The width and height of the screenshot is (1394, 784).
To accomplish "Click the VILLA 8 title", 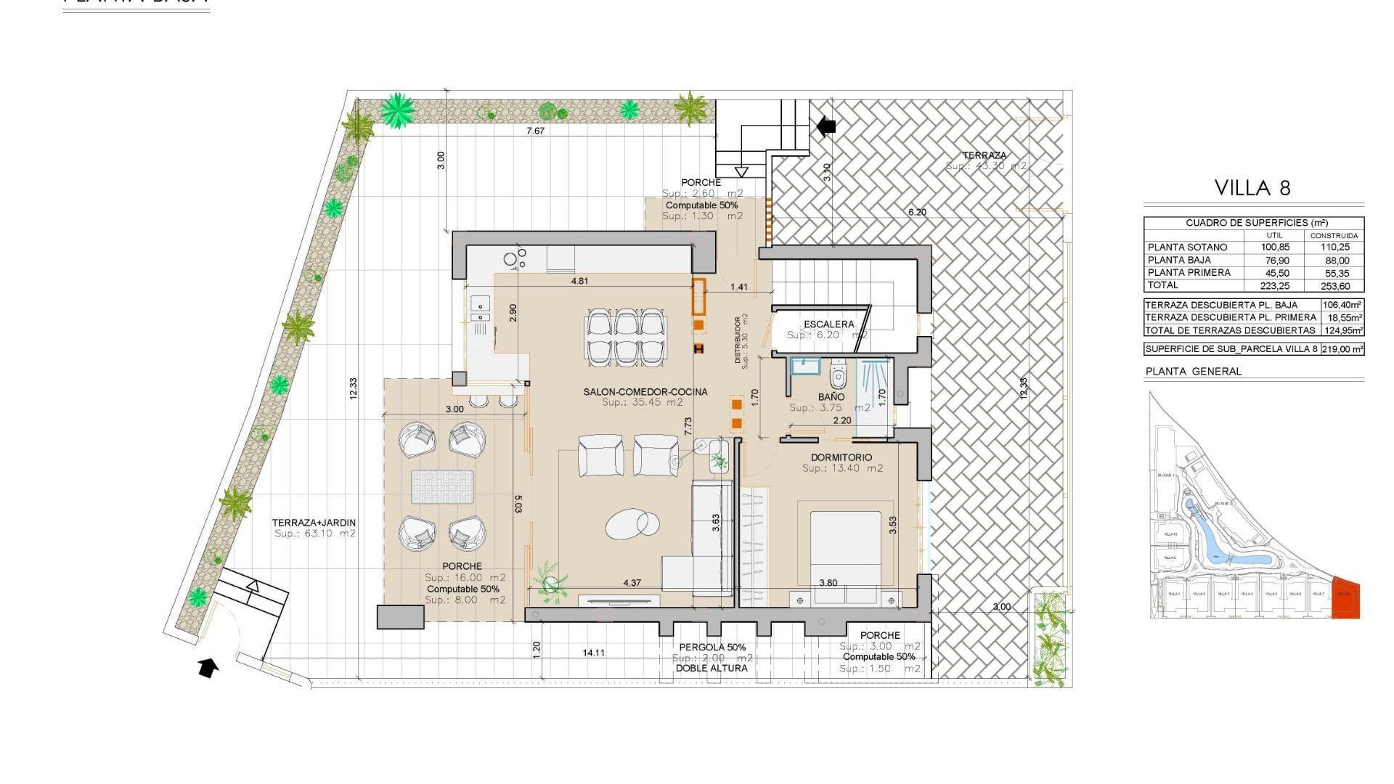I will [1252, 188].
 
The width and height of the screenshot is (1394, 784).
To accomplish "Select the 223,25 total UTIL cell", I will [1275, 286].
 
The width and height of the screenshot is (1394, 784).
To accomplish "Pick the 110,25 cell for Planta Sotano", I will [1334, 248].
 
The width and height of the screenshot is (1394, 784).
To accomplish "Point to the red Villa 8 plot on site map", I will [1346, 598].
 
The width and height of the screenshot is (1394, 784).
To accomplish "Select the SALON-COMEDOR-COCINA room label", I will [645, 392].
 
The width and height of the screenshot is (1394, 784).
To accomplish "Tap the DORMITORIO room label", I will [842, 457].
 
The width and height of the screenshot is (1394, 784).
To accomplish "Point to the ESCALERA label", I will [828, 324].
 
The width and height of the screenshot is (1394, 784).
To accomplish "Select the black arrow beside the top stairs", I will [826, 126].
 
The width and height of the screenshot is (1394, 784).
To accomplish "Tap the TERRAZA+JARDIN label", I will [314, 523].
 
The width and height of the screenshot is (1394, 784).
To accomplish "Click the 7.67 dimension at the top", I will [535, 131].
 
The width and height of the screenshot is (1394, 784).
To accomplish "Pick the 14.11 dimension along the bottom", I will [593, 653].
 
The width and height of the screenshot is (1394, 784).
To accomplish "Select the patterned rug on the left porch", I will [442, 486].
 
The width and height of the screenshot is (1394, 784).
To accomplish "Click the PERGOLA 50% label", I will [712, 648].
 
